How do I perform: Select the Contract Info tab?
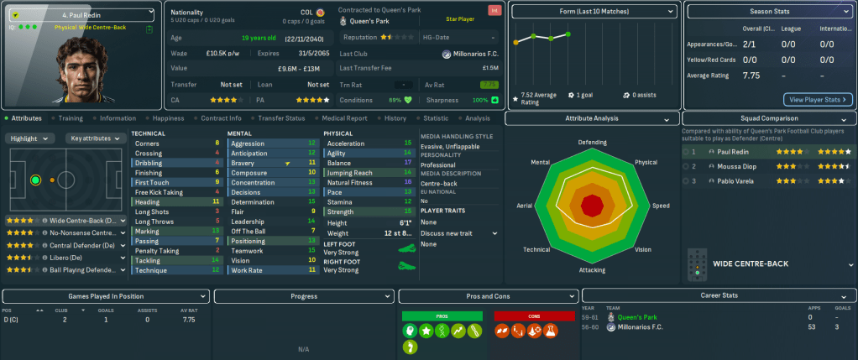tap(222, 118)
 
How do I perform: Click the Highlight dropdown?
tap(31, 138)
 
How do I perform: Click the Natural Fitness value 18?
tap(407, 182)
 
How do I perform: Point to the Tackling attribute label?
tap(148, 260)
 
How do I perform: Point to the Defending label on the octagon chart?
tap(592, 142)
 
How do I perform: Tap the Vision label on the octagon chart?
tap(643, 249)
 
